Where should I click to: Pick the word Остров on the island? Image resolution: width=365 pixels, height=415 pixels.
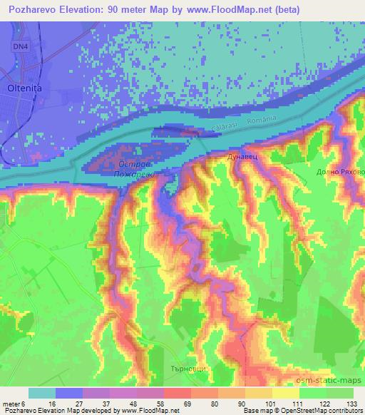pos(131,163)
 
